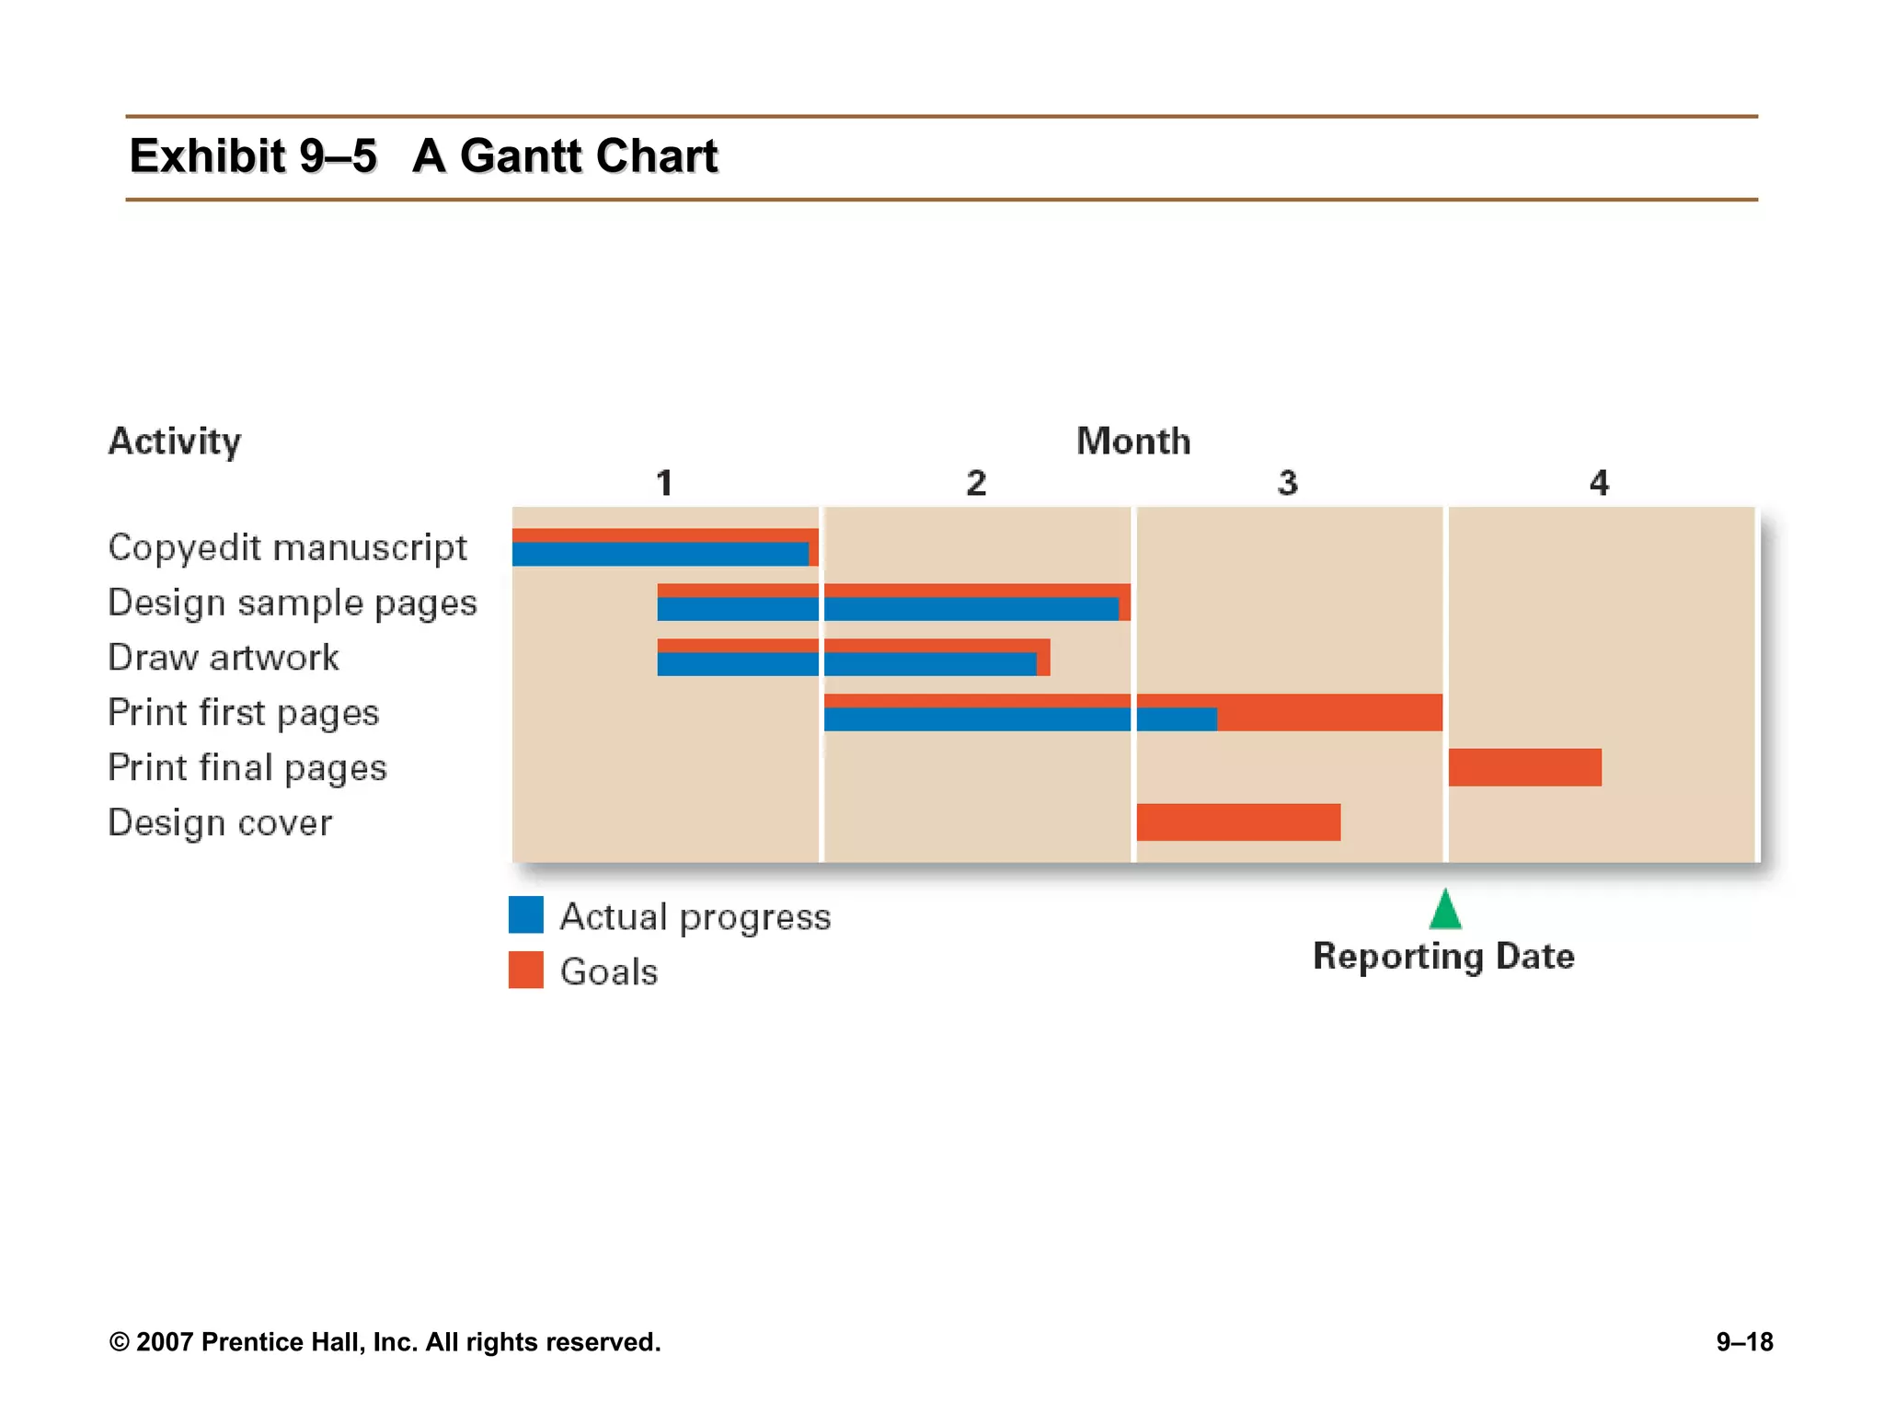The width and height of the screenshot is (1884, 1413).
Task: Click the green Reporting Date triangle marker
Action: coord(1445,911)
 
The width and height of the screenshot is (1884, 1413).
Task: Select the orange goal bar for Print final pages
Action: coord(1524,767)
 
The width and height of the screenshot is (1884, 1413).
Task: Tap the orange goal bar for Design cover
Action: coord(1238,822)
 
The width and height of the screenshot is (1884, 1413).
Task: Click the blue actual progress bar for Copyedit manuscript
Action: coord(660,554)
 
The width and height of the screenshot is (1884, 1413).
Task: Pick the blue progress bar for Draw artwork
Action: coord(846,664)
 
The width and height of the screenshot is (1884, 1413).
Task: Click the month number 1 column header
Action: coord(664,483)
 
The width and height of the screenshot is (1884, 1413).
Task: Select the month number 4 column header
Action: coord(1599,483)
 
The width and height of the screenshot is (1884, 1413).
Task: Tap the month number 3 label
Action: coord(1287,483)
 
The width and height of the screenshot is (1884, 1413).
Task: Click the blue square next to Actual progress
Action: coord(526,915)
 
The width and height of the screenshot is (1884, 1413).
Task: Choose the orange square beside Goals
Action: coord(526,971)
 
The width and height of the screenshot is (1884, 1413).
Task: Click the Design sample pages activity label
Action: coord(293,603)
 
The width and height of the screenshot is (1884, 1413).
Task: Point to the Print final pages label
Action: coord(247,768)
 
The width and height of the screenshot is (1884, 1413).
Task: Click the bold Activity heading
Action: coord(175,442)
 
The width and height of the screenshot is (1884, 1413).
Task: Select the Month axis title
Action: coord(1133,442)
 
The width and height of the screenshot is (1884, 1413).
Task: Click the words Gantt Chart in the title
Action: coord(589,155)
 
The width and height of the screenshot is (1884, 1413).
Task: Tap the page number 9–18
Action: coord(1744,1342)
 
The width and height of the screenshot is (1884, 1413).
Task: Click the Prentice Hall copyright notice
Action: coord(385,1342)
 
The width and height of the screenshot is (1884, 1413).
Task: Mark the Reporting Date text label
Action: coord(1443,957)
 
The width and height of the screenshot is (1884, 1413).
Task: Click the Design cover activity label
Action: coord(220,823)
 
